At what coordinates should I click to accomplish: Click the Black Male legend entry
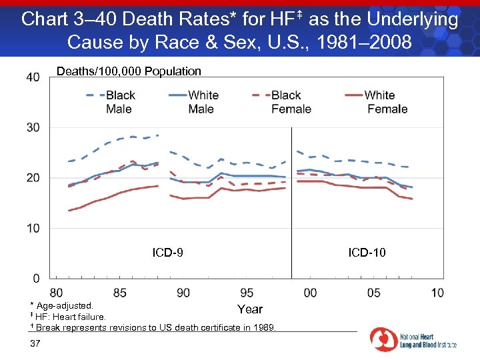110,102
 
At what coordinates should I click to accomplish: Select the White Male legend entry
193,102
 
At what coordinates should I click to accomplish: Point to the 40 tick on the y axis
33,77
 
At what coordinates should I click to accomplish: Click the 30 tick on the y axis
33,127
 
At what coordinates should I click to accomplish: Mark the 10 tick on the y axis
33,228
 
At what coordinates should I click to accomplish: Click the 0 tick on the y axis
36,278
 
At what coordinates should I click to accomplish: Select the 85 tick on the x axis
120,293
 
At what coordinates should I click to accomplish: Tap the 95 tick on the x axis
247,293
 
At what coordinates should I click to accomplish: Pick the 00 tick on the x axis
310,293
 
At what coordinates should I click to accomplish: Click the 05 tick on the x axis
374,293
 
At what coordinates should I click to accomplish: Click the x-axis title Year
250,309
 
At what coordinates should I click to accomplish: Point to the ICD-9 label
168,253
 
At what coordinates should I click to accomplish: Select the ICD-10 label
367,253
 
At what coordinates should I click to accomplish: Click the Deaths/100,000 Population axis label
129,71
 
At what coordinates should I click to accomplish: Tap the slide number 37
36,343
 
